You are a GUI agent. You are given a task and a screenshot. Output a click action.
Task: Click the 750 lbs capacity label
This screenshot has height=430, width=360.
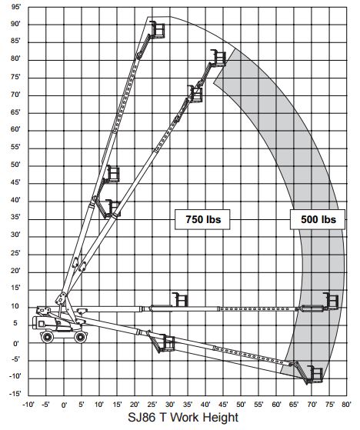click(202, 219)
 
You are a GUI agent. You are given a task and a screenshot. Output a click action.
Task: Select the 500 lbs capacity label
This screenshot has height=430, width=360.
click(318, 219)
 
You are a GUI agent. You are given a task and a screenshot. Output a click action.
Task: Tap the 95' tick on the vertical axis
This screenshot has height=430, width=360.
click(16, 7)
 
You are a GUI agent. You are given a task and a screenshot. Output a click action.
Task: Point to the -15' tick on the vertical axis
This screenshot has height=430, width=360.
click(15, 394)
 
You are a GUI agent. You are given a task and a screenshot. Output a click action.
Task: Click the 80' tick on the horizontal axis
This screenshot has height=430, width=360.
click(346, 404)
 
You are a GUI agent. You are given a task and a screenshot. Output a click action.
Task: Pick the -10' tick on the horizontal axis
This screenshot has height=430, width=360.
click(28, 404)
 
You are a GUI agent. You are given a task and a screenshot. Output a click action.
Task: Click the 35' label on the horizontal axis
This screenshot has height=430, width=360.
click(188, 404)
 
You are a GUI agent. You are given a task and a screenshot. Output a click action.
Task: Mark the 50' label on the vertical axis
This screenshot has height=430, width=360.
click(16, 165)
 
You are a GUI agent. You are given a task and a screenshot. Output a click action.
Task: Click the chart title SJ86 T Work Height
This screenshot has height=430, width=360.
click(183, 418)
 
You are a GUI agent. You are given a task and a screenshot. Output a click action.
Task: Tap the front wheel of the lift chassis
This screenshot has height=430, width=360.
click(81, 337)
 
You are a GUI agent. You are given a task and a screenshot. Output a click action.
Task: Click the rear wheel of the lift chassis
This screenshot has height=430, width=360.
click(47, 337)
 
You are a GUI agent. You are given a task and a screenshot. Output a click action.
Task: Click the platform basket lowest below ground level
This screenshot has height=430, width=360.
click(315, 374)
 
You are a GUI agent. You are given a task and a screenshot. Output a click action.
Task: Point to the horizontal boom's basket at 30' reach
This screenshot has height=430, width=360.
click(181, 300)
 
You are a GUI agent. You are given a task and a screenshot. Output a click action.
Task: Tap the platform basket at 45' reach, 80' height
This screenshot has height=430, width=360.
click(218, 58)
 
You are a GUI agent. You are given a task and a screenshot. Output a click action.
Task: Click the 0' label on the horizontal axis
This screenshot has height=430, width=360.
click(64, 405)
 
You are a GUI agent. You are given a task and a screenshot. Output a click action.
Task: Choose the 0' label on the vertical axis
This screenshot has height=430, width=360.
click(16, 343)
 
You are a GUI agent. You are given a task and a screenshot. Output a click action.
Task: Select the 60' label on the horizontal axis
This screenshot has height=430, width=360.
click(276, 404)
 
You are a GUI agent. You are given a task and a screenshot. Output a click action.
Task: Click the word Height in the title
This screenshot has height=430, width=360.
click(218, 418)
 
